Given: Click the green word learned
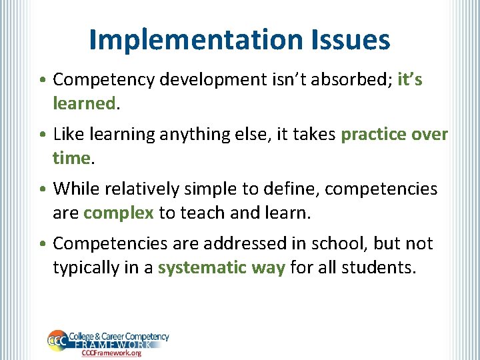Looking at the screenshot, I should (85, 104).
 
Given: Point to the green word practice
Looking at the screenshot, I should (373, 135).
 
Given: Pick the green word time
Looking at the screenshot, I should (71, 159).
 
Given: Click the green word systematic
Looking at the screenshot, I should (196, 268).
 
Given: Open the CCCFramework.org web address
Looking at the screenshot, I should (111, 353).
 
